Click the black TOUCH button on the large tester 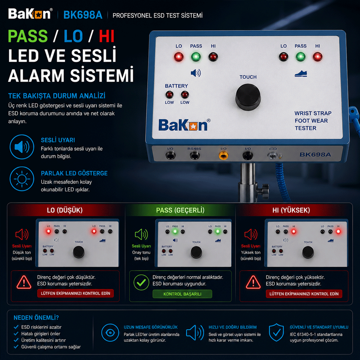[x=248, y=97]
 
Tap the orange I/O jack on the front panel [x=223, y=156]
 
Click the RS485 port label [x=194, y=149]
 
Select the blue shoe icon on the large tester [x=301, y=74]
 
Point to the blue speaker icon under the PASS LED [x=196, y=73]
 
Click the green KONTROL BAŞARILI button [x=182, y=294]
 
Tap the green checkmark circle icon [x=141, y=282]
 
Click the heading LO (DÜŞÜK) [x=65, y=210]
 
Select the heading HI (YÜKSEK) [x=291, y=210]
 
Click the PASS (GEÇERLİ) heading [x=180, y=210]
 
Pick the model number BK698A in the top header [x=83, y=15]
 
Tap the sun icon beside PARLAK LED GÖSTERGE [x=22, y=179]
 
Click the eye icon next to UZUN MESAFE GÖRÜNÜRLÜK [x=110, y=333]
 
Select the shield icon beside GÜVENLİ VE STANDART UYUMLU [x=276, y=332]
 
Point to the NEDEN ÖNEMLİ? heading [x=36, y=318]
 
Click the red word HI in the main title [x=107, y=36]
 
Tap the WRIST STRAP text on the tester [x=313, y=113]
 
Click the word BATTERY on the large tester [x=176, y=86]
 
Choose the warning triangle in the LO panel [x=24, y=282]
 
